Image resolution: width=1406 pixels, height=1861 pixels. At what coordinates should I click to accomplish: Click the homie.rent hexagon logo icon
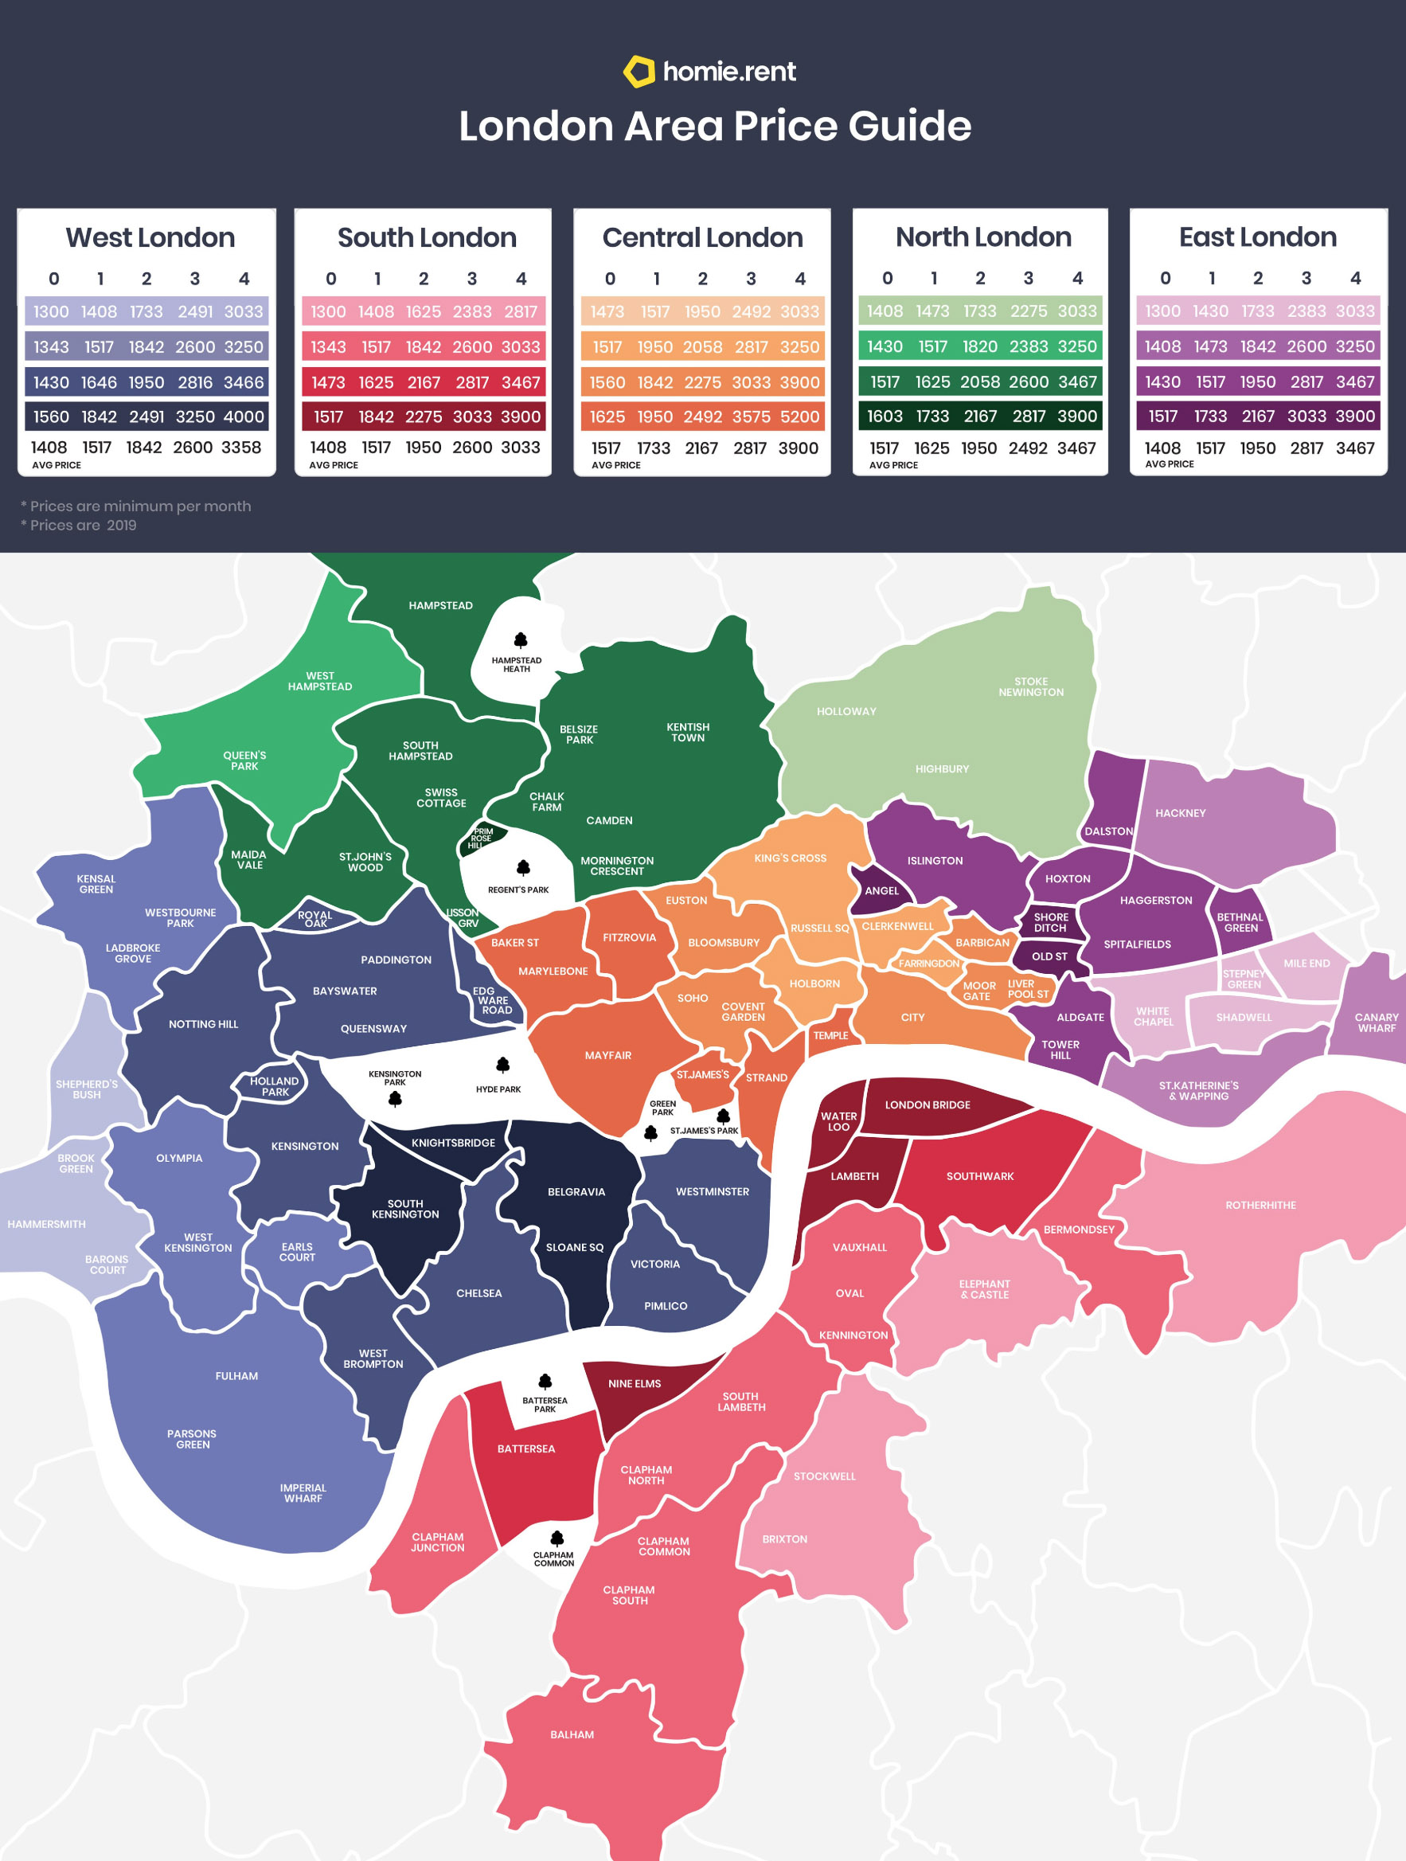pos(639,72)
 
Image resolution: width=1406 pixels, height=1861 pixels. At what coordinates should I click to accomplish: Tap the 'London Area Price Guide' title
pos(715,126)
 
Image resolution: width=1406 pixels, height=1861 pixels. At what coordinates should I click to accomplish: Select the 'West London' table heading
pos(150,238)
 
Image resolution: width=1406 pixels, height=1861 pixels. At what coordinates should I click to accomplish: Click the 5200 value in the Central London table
pos(799,416)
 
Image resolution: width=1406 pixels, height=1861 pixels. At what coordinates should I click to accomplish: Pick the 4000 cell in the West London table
pos(243,416)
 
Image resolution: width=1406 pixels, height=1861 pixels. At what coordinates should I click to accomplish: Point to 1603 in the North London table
pos(885,416)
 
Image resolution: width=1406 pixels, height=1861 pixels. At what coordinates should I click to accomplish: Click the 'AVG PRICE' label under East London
pos(1169,464)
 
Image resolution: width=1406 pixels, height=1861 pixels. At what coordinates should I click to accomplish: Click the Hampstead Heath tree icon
pos(521,640)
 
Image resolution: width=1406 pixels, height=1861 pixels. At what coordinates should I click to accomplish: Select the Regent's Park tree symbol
pos(523,867)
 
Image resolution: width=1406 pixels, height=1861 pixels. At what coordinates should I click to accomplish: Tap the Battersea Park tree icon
pos(545,1382)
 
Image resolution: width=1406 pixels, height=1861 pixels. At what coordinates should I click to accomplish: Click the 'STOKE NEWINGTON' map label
pos(1031,686)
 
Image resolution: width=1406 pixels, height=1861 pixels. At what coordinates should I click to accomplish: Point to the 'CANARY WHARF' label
pos(1376,1022)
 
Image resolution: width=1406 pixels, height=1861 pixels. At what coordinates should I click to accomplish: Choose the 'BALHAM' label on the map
pos(572,1735)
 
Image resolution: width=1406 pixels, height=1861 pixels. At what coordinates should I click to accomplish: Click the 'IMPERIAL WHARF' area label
pos(303,1492)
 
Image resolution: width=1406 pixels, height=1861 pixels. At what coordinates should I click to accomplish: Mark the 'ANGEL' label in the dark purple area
pos(881,891)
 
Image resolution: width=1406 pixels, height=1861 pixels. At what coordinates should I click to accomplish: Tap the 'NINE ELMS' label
pos(634,1384)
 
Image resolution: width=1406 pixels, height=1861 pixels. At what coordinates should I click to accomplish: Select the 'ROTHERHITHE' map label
pos(1260,1206)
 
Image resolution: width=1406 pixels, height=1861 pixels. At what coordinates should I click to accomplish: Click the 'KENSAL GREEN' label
pos(96,883)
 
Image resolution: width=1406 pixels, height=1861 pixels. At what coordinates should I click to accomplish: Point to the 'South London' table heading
pos(428,238)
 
